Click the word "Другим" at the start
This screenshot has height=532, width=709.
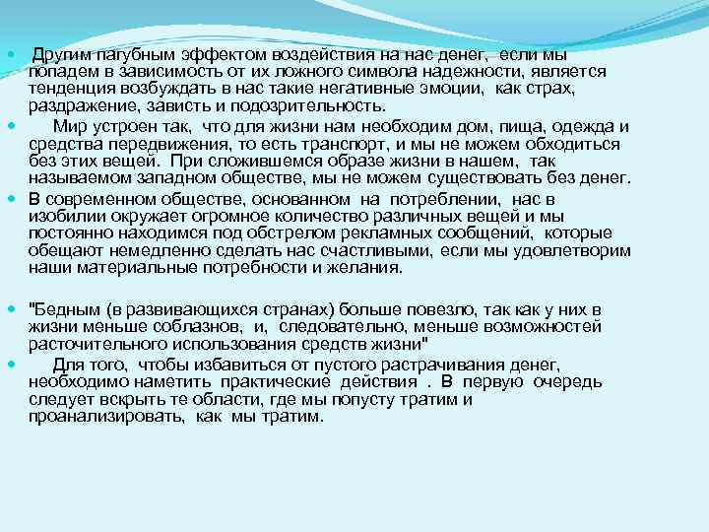[x=60, y=54]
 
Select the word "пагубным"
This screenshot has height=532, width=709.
[x=131, y=54]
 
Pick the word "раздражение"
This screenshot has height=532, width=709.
[x=78, y=107]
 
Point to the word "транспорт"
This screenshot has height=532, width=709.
[x=313, y=143]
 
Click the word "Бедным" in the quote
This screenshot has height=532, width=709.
[x=62, y=308]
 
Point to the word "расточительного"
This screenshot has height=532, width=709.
[x=93, y=344]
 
